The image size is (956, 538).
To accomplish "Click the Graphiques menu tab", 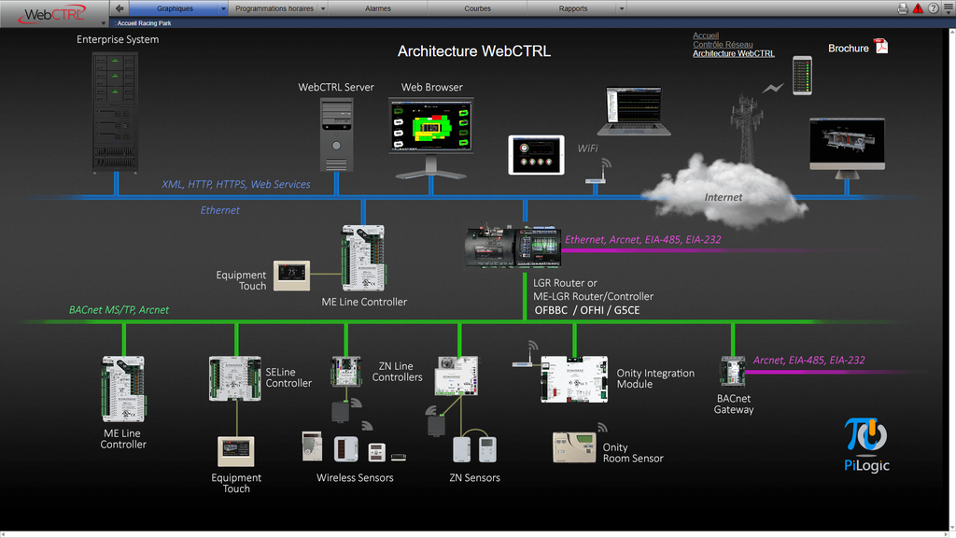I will tap(175, 8).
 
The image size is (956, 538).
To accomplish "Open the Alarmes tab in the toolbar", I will tap(378, 8).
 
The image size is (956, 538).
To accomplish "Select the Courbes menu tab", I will tap(477, 8).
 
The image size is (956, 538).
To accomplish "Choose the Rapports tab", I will tap(573, 8).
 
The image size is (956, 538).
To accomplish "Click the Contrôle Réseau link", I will tap(723, 45).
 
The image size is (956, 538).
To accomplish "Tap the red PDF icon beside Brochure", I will tap(881, 47).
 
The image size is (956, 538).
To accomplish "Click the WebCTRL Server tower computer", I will tap(336, 134).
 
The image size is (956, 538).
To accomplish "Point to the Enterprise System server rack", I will tap(115, 110).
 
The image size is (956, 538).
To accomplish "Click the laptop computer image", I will tap(633, 111).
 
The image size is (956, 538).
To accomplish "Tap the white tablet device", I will tap(536, 154).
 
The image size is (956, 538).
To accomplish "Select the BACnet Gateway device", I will tap(732, 371).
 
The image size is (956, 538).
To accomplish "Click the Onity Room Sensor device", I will tap(574, 447).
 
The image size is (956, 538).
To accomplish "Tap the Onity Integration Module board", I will tap(573, 378).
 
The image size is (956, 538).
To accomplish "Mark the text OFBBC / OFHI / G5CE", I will tap(586, 310).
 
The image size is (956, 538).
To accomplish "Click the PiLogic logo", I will tap(866, 445).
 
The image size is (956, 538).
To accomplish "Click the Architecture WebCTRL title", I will tap(474, 51).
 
